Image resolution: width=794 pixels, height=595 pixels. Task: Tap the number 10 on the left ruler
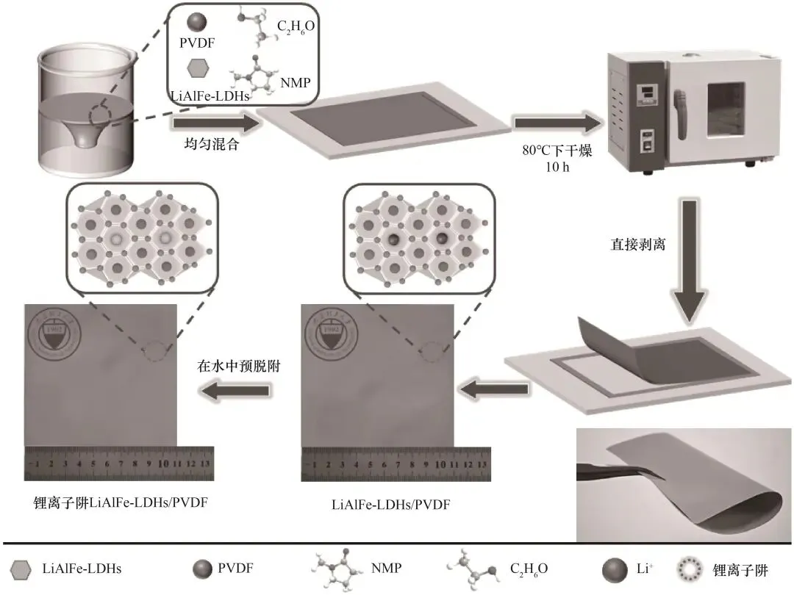(163, 464)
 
